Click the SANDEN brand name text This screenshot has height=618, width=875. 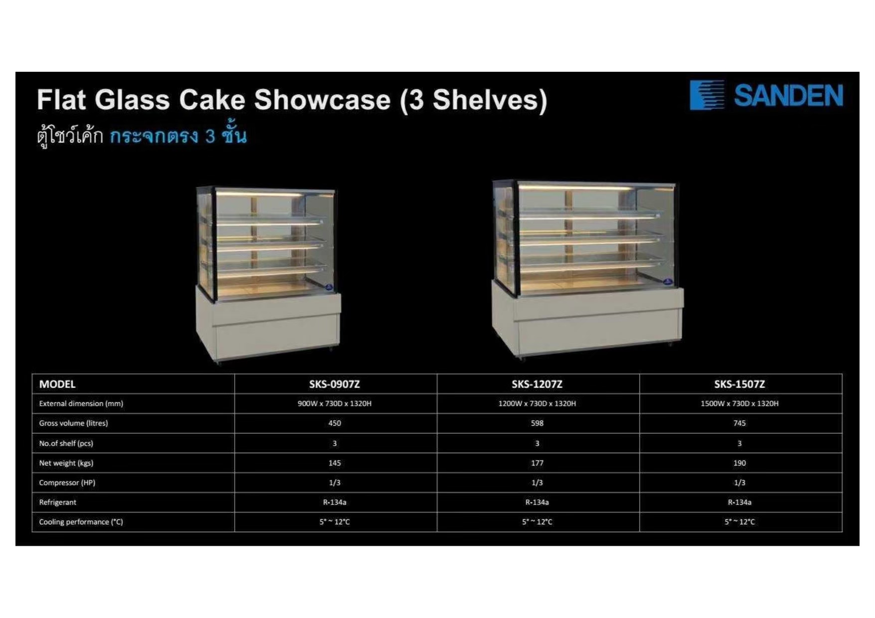coord(788,95)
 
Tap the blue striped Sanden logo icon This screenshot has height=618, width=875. coord(706,95)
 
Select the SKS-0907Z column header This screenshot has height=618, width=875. coord(335,384)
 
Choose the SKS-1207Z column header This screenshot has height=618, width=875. coord(537,384)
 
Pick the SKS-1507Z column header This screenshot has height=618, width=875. coord(739,384)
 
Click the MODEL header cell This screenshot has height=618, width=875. coord(57,384)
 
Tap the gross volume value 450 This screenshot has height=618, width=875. coord(335,423)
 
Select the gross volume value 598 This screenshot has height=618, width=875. coord(537,423)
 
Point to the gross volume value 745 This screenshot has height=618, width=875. coord(739,423)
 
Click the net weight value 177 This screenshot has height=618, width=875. coord(537,463)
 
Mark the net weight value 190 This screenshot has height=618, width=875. coord(739,463)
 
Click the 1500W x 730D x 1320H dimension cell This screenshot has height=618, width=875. coord(739,404)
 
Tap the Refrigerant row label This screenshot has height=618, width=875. coord(58,502)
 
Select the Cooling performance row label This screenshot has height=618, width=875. coord(81,522)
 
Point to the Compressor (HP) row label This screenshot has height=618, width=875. coord(67,482)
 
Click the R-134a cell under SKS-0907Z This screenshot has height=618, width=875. coord(335,502)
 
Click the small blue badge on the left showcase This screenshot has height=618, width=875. coord(329,287)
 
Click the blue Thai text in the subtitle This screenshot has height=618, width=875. coord(178,136)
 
